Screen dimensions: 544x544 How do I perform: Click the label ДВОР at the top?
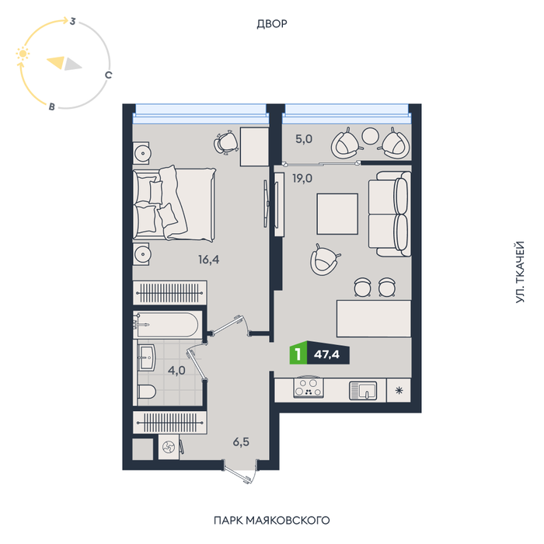(x=272, y=24)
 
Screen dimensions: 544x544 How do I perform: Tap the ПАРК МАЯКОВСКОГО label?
(x=272, y=521)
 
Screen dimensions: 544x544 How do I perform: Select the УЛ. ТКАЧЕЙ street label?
(x=520, y=272)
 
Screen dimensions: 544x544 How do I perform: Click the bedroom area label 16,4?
(x=208, y=260)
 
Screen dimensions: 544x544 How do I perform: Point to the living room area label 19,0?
(x=302, y=179)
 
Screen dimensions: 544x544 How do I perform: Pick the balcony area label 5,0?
(x=304, y=139)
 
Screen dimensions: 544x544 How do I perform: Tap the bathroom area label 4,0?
(x=176, y=371)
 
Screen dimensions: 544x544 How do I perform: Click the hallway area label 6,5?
(x=241, y=442)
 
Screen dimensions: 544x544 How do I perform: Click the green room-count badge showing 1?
(x=298, y=354)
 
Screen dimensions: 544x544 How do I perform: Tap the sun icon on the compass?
(x=23, y=54)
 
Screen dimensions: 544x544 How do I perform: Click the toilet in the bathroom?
(x=147, y=392)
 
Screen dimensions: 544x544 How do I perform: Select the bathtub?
(x=167, y=324)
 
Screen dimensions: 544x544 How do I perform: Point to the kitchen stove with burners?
(x=309, y=388)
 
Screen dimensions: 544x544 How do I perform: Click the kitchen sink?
(x=363, y=390)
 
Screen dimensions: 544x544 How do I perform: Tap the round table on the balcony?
(x=370, y=136)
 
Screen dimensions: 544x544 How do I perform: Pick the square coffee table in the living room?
(x=337, y=214)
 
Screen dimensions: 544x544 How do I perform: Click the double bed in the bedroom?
(x=174, y=204)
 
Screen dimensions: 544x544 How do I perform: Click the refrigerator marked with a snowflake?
(x=399, y=390)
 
